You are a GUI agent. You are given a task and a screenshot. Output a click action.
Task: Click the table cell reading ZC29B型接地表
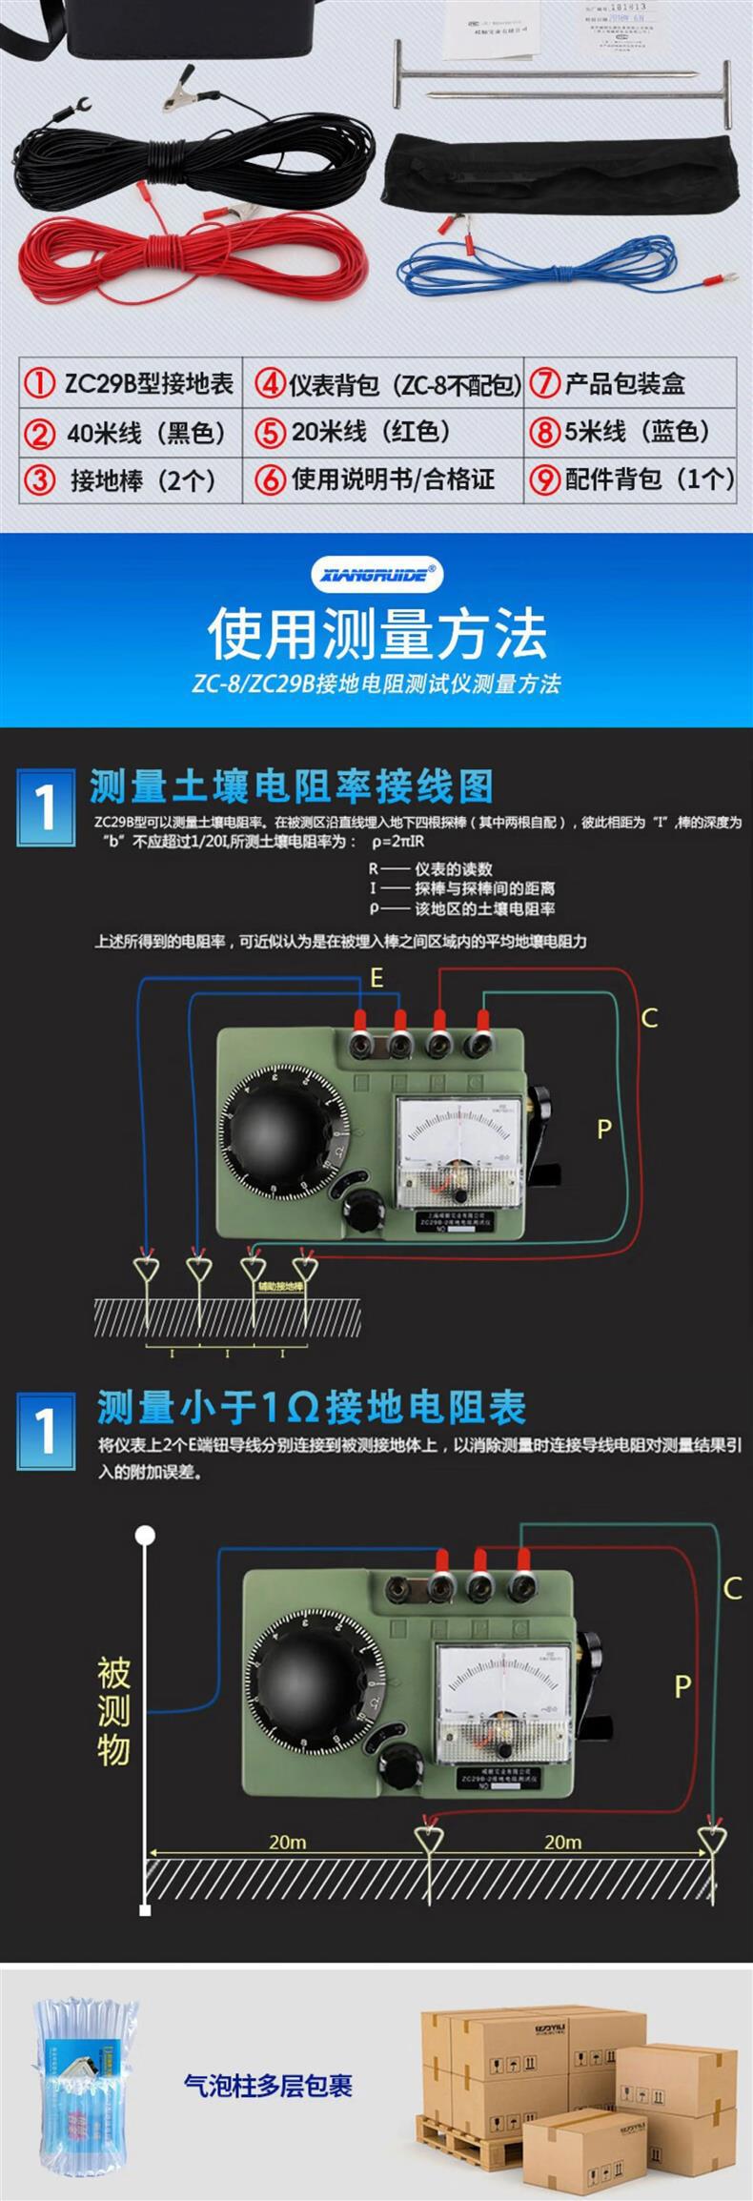pos(132,383)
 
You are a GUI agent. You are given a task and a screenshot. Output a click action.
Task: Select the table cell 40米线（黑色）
pos(132,433)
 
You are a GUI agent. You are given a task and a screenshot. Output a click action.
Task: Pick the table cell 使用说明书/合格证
pos(383,479)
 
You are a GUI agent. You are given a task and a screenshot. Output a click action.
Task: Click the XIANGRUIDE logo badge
pos(376,574)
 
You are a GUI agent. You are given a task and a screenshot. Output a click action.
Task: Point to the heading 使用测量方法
pos(376,634)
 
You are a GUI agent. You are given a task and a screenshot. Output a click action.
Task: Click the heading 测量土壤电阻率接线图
pos(292,787)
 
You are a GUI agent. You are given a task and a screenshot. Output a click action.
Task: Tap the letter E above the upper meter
pos(376,978)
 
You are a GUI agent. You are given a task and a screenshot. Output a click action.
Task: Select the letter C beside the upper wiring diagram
pos(649,1018)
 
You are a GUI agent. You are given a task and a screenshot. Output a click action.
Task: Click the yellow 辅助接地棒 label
pos(279,1286)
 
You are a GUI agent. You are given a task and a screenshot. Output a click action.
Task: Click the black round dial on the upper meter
pos(276,1135)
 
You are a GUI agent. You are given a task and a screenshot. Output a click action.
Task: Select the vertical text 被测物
pos(113,1711)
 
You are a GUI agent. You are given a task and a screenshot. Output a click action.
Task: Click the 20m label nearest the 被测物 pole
pos(287,1842)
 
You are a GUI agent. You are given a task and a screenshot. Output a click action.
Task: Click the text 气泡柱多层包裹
pos(268,2085)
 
